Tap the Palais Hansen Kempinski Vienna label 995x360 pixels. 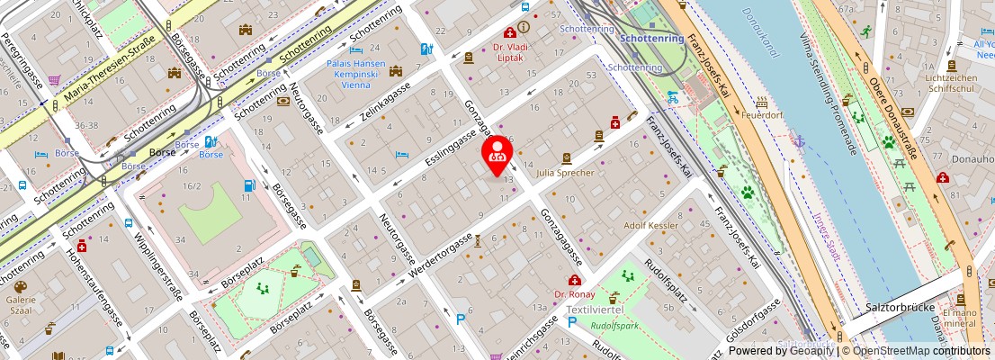356,74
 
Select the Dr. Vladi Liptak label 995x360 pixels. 508,53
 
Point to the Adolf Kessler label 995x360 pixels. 652,225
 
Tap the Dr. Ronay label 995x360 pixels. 573,294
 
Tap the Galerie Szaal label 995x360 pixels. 21,304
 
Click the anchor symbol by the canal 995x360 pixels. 798,141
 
